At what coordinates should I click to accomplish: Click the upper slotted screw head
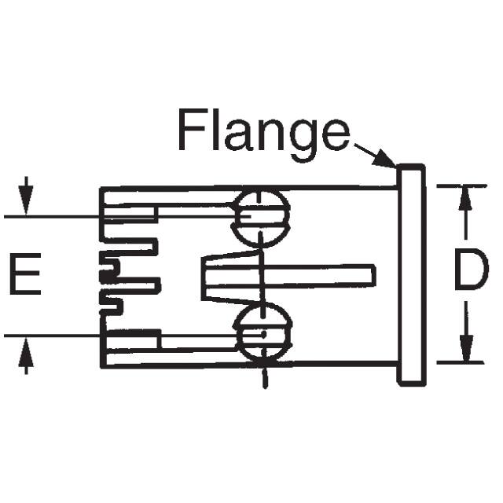click(262, 218)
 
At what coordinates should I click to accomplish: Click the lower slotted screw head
click(263, 333)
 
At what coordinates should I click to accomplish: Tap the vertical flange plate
click(410, 274)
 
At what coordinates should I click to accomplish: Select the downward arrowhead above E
click(28, 204)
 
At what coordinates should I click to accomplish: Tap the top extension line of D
click(460, 186)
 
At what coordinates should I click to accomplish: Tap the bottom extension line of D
click(460, 362)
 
